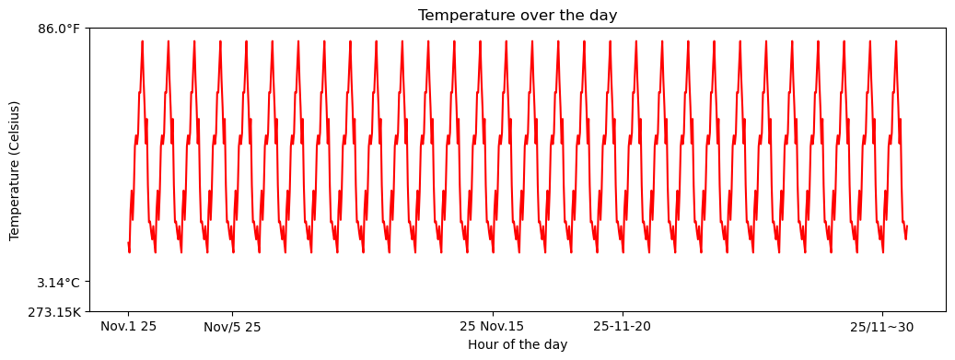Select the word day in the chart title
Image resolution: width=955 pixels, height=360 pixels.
604,16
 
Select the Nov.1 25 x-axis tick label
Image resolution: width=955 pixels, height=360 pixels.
128,326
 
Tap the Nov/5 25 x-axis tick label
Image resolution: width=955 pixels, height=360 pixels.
232,327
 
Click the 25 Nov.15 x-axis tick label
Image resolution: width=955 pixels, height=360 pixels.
492,326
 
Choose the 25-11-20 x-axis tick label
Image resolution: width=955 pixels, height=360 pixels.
623,326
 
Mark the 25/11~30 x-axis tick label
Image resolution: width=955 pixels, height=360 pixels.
882,326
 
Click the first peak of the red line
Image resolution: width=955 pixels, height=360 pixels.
142,41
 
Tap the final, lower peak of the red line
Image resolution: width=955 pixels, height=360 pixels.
900,119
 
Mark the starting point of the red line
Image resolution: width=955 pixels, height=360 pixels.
128,243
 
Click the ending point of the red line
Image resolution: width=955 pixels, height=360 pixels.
907,226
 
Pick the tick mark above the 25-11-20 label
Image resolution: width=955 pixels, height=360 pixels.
623,314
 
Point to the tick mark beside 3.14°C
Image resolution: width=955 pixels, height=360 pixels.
87,283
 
